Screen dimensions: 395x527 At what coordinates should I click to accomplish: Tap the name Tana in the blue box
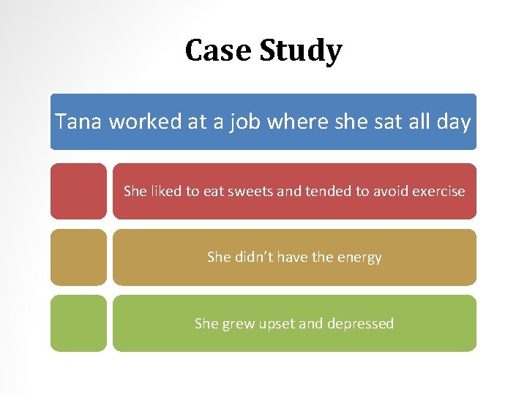(79, 121)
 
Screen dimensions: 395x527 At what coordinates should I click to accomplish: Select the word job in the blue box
(239, 121)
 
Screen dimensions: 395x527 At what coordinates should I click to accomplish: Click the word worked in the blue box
(145, 121)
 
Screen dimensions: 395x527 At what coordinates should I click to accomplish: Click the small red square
(78, 191)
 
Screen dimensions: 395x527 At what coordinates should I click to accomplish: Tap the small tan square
(78, 257)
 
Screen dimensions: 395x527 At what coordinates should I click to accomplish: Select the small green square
(78, 323)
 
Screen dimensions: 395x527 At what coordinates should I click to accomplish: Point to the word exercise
(438, 192)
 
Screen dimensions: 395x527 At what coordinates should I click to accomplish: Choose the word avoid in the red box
(390, 192)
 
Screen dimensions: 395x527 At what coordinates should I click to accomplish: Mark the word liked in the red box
(165, 192)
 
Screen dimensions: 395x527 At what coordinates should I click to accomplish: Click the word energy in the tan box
(359, 257)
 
